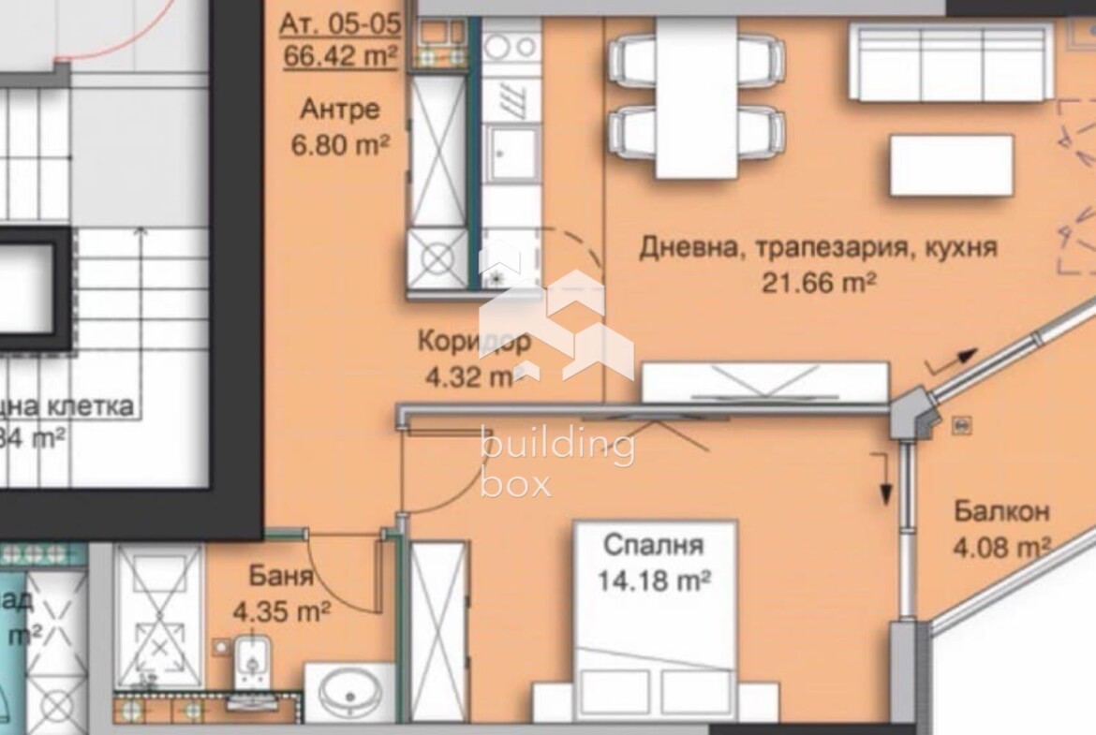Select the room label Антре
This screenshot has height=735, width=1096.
(x=340, y=110)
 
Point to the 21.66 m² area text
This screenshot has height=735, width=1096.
(x=818, y=282)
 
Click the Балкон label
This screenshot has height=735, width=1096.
(x=1001, y=512)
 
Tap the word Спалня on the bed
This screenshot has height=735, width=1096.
(x=654, y=545)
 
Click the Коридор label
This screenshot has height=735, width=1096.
(x=474, y=341)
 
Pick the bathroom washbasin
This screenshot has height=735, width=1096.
(x=349, y=694)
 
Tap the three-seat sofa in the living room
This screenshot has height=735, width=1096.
(x=951, y=62)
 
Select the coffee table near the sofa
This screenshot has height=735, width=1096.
(x=951, y=166)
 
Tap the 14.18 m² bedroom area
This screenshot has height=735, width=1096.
(x=654, y=581)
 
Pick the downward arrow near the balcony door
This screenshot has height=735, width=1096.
(x=883, y=478)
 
